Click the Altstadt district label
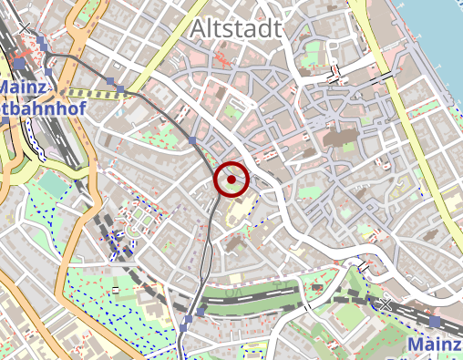pyautogui.click(x=236, y=29)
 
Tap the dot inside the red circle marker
pyautogui.click(x=231, y=180)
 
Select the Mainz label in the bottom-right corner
pyautogui.click(x=435, y=345)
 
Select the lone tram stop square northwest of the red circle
pyautogui.click(x=193, y=139)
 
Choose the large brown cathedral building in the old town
pyautogui.click(x=345, y=138)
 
